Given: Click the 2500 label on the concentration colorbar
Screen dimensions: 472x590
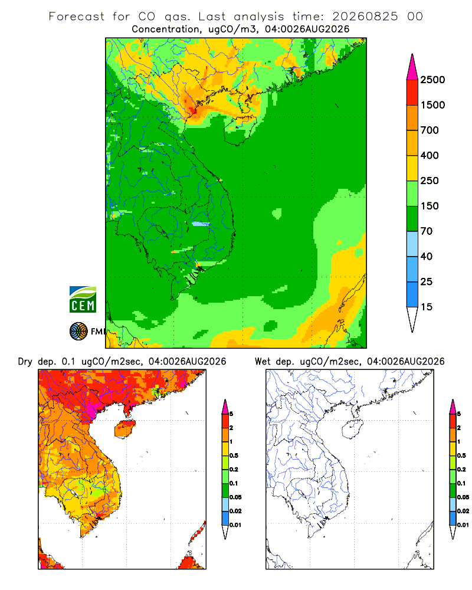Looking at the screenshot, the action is click(432, 80).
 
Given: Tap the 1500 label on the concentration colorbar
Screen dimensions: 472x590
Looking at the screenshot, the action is click(432, 105).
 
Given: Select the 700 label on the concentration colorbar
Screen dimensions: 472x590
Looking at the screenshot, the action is click(430, 130).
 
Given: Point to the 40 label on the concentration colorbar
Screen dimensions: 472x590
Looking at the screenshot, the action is click(426, 257).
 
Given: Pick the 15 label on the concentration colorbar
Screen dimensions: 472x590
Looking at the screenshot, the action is click(426, 307).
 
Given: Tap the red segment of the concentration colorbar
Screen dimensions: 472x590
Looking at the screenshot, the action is click(412, 93).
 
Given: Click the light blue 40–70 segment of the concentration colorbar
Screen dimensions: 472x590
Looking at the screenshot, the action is click(412, 244).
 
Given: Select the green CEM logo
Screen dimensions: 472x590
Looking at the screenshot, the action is click(83, 300).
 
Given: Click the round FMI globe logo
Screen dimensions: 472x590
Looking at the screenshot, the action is click(78, 332).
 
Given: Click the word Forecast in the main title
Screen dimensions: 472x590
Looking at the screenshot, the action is click(77, 17).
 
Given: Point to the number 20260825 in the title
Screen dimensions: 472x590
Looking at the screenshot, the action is click(365, 17).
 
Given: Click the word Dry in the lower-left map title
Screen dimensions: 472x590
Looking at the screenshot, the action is click(25, 362).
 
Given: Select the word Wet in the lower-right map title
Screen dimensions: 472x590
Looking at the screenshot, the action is click(263, 362).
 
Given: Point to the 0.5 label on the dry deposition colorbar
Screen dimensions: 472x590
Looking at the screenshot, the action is click(234, 455).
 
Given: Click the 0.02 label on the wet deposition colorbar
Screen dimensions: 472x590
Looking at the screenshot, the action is click(463, 511).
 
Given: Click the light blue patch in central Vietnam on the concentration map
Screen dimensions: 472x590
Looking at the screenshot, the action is click(200, 224).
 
